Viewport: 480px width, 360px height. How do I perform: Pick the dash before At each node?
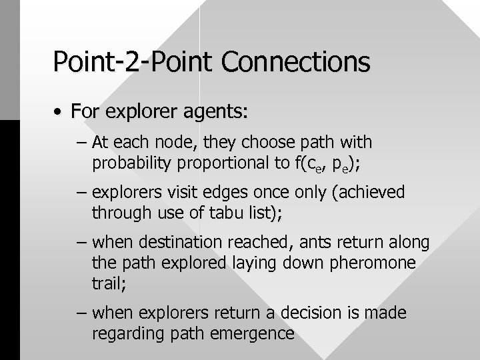click(83, 143)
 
